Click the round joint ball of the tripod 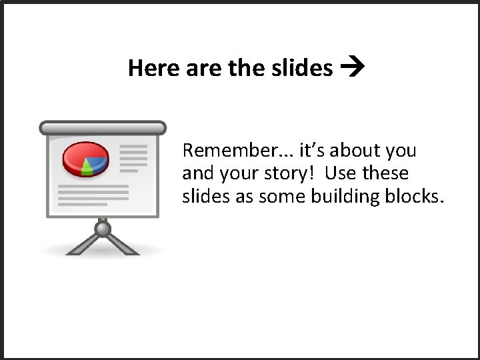click(102, 229)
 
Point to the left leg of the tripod click(79, 245)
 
